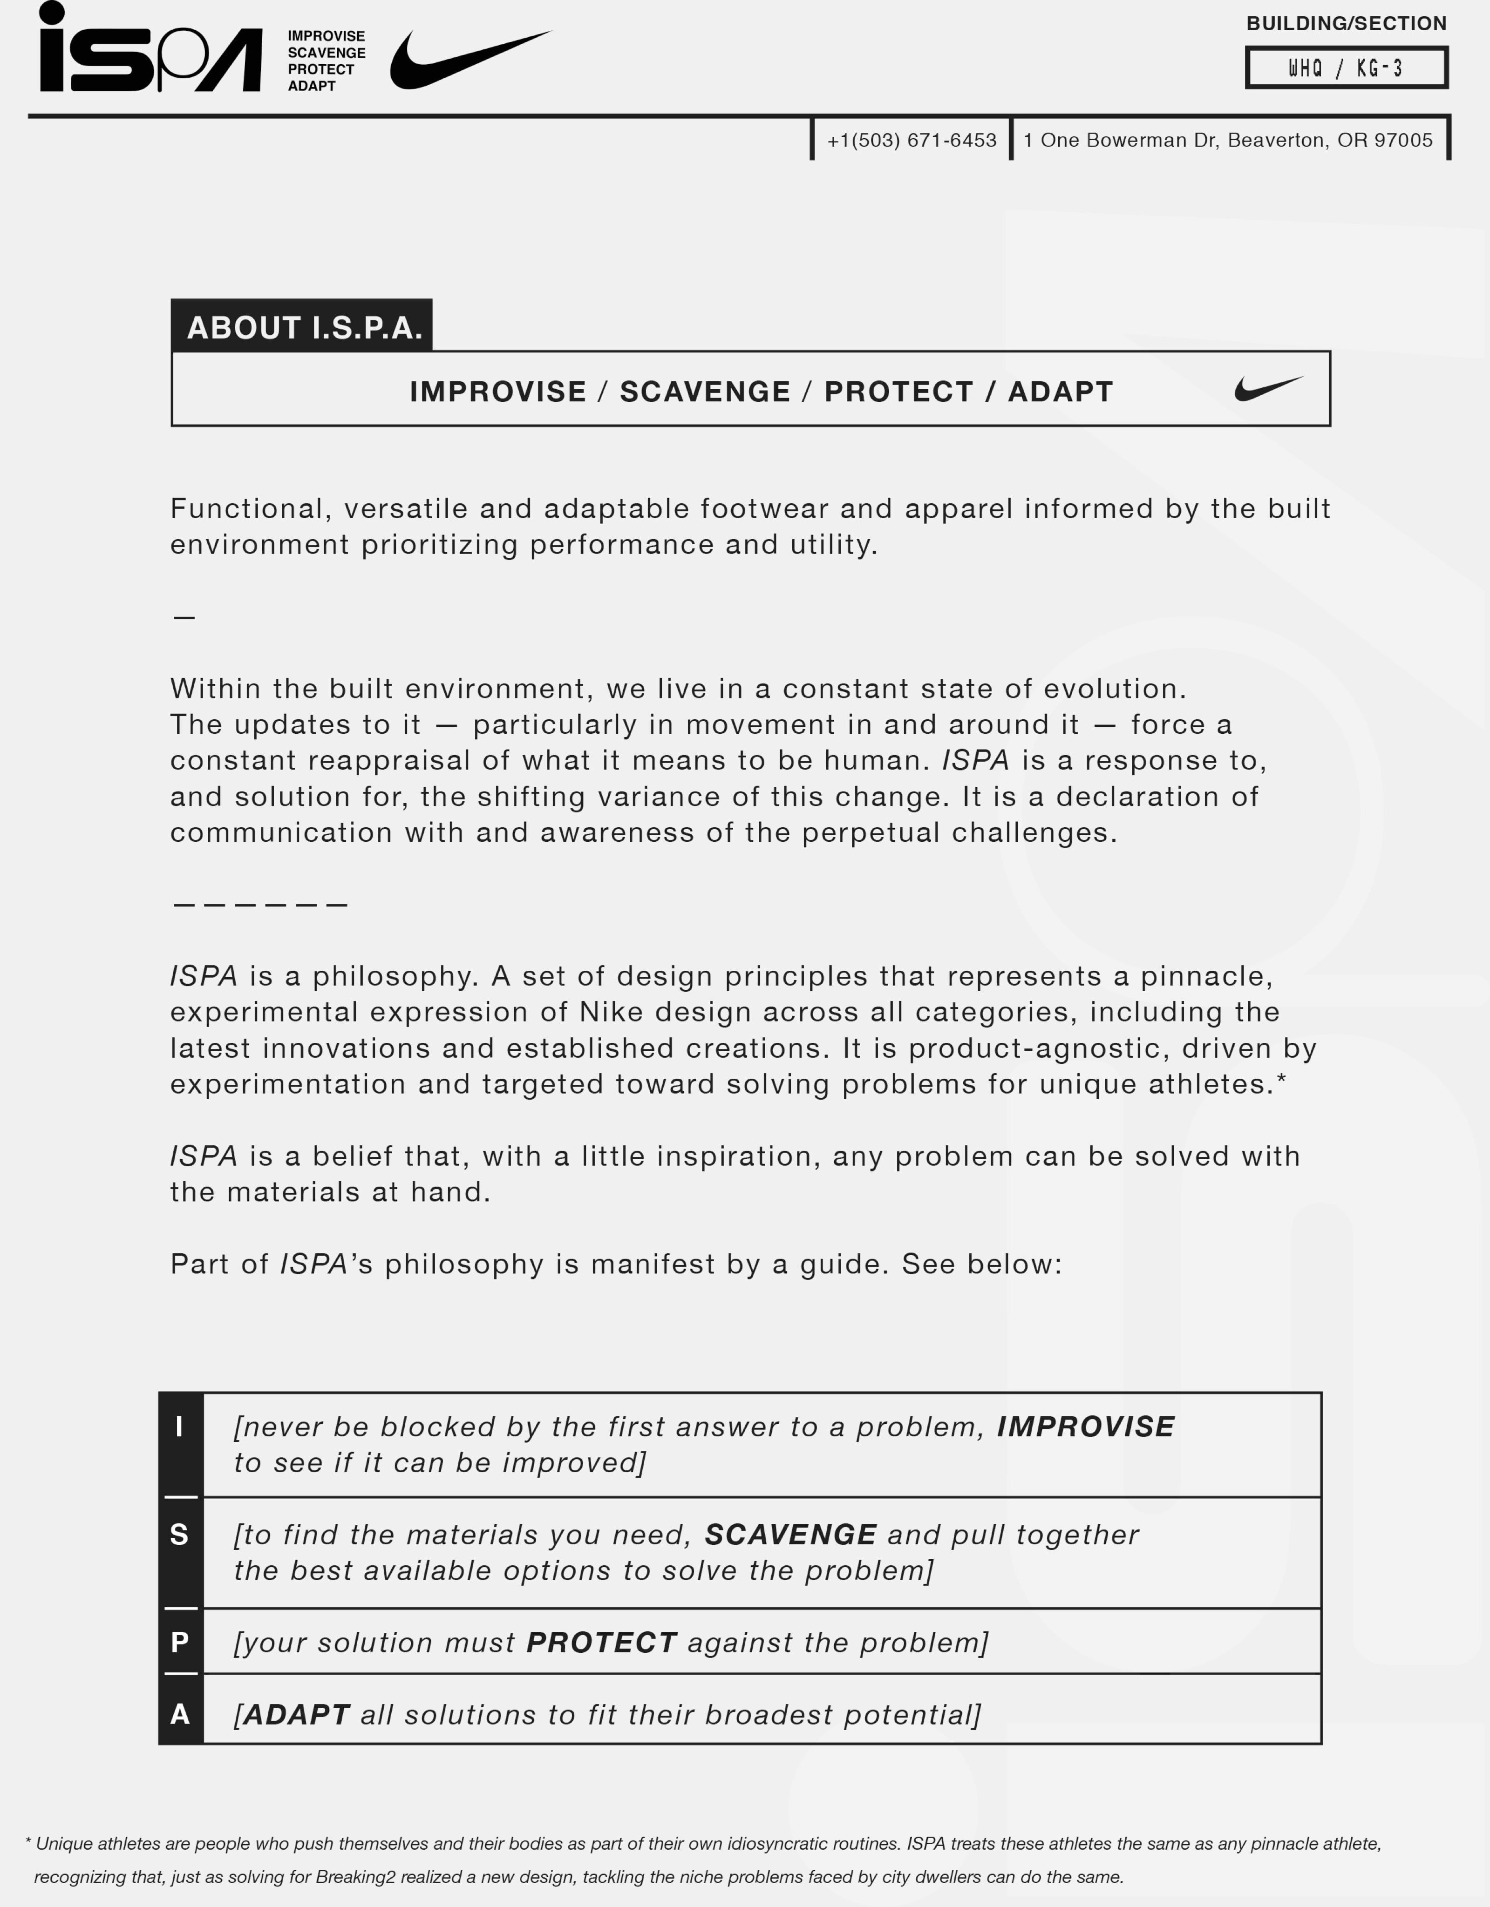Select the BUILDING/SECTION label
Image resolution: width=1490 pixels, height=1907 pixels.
1346,24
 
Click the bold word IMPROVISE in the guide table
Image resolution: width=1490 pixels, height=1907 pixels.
1086,1427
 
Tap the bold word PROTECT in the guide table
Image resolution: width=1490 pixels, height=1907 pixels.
601,1643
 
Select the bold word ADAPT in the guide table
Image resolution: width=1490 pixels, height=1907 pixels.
297,1715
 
